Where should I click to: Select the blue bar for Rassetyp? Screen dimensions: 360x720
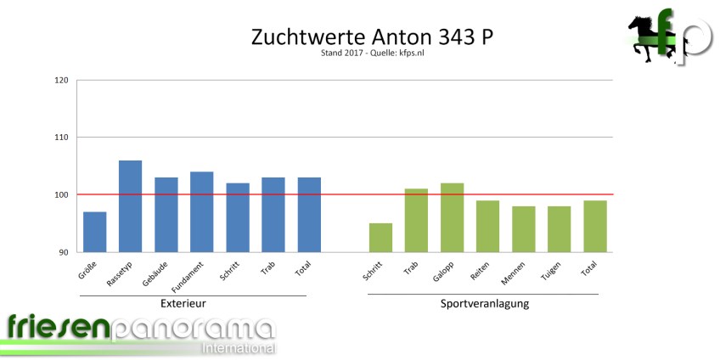130,206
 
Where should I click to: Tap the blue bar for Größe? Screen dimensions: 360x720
94,232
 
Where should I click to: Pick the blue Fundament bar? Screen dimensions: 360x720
201,212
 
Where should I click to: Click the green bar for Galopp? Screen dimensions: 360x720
452,217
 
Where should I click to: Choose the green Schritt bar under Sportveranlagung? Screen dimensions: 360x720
380,238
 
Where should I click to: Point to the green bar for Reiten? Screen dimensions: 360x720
487,226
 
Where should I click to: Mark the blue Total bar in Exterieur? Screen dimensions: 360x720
308,215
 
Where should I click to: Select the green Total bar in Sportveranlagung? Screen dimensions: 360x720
594,226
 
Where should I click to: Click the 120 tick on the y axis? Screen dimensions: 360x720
61,82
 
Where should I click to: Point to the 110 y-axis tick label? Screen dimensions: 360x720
61,138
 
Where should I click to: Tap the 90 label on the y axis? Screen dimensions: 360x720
64,253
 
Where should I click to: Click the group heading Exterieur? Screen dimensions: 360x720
184,303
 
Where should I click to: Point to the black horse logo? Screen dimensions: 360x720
646,38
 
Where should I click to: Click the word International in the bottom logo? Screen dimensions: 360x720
238,348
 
